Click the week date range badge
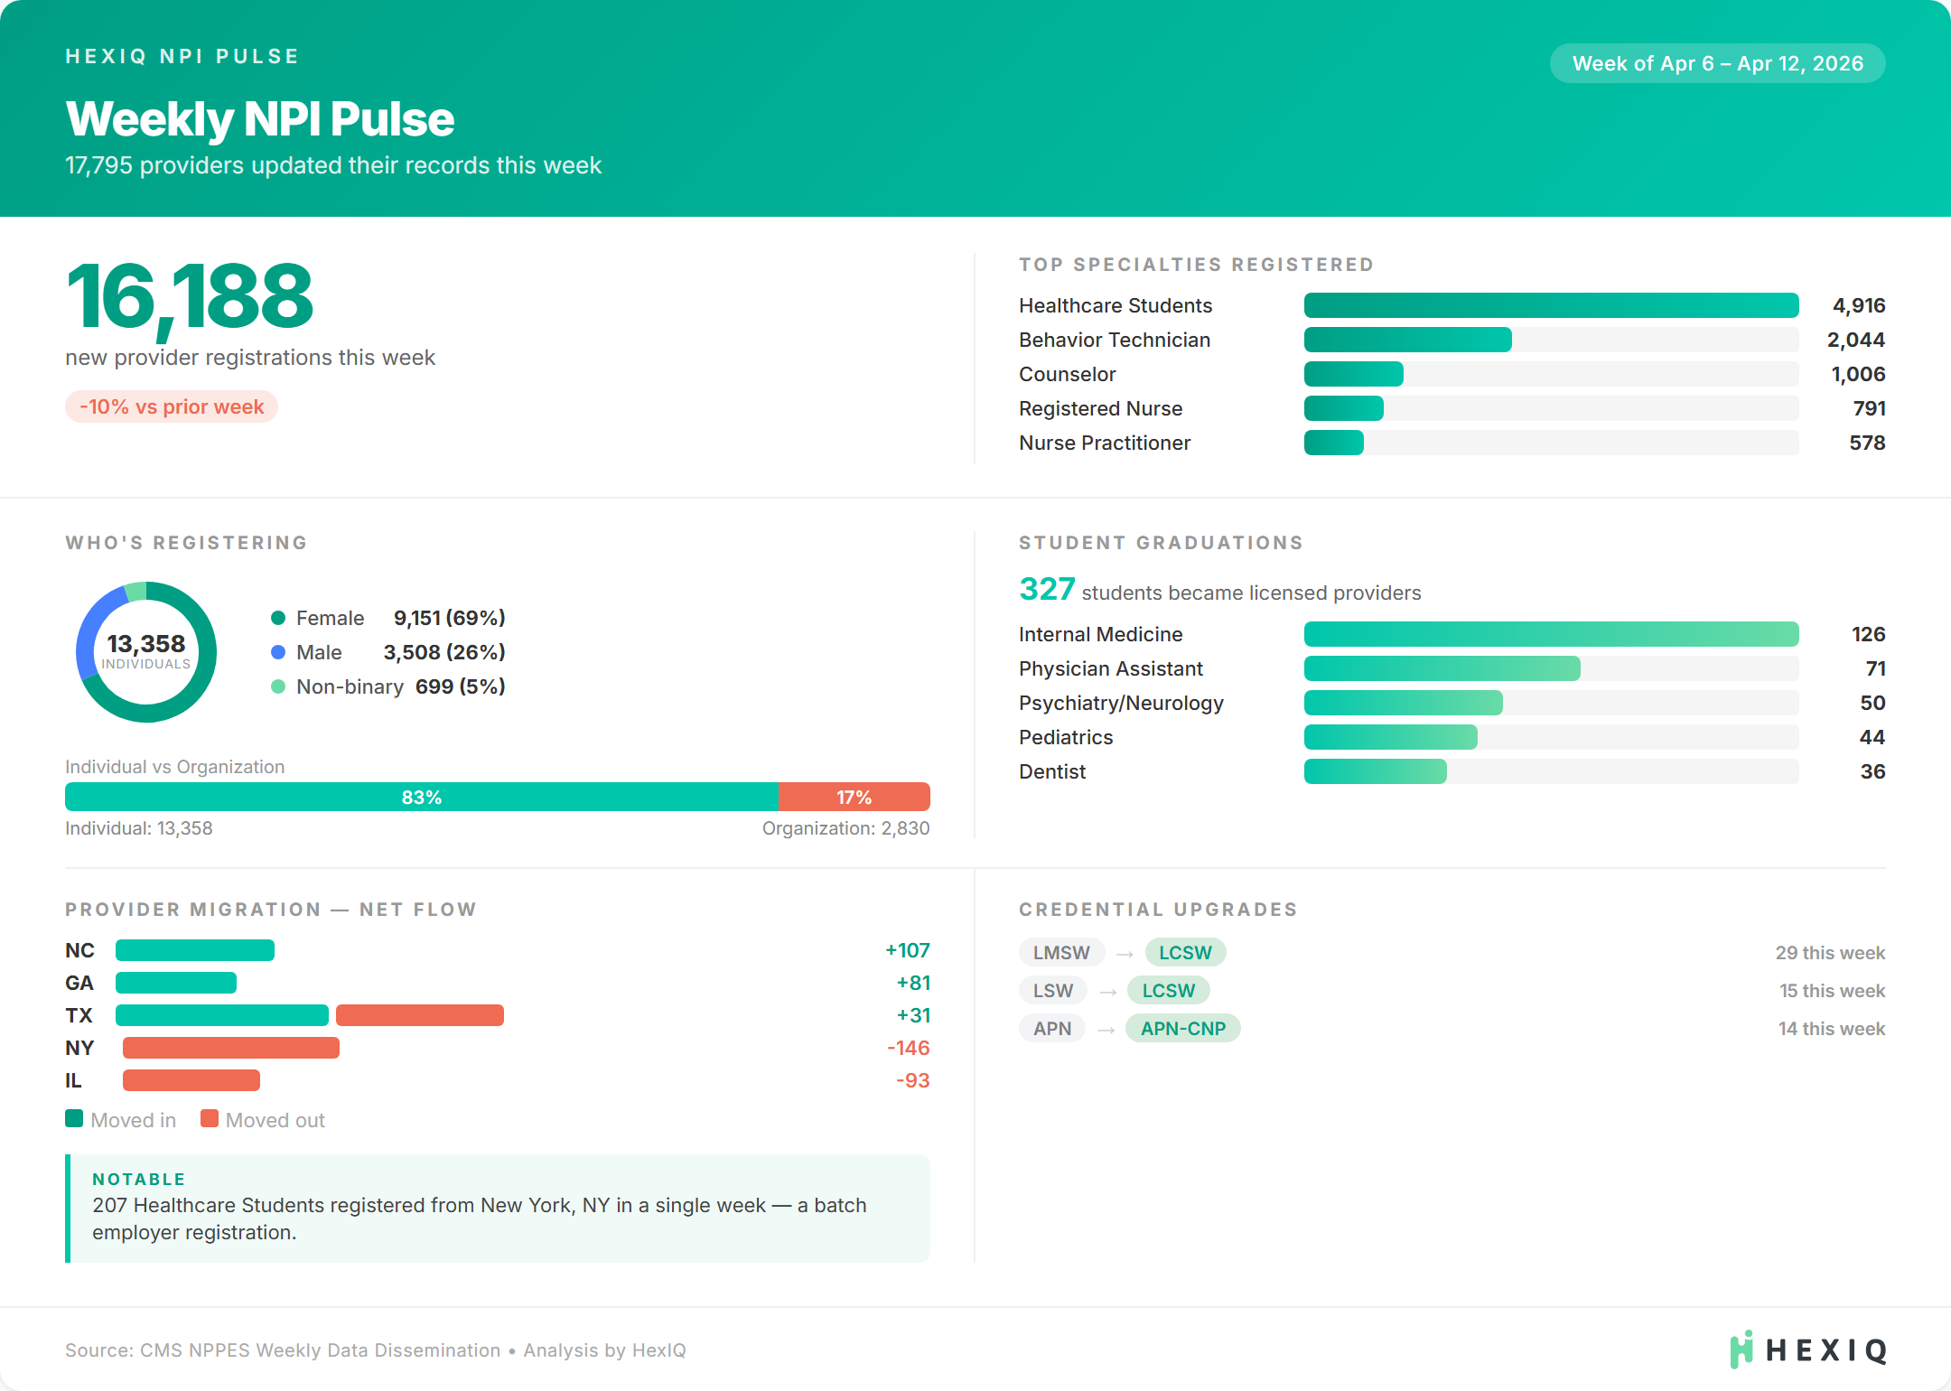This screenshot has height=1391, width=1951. pyautogui.click(x=1717, y=63)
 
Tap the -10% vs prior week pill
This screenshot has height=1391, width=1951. pyautogui.click(x=172, y=406)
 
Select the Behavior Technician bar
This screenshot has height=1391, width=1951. pyautogui.click(x=1407, y=340)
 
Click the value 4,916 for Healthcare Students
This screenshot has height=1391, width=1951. pyautogui.click(x=1858, y=305)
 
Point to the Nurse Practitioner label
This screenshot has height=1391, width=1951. pyautogui.click(x=1104, y=443)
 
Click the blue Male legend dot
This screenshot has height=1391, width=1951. pyautogui.click(x=278, y=652)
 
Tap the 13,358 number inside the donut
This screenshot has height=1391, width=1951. pyautogui.click(x=146, y=643)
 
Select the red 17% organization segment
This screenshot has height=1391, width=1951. pyautogui.click(x=854, y=797)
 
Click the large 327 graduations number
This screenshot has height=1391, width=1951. pyautogui.click(x=1047, y=589)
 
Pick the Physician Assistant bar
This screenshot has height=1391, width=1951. pyautogui.click(x=1442, y=668)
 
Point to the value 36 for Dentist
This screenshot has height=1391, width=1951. pyautogui.click(x=1872, y=771)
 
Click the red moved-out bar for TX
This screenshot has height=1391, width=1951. pyautogui.click(x=420, y=1015)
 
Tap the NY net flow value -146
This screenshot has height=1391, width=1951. pyautogui.click(x=908, y=1048)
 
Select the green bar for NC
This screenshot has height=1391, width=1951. pyautogui.click(x=195, y=950)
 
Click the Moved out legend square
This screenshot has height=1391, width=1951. pyautogui.click(x=210, y=1119)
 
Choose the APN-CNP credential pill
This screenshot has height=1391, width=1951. pyautogui.click(x=1182, y=1028)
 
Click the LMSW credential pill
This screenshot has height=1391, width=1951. pyautogui.click(x=1061, y=952)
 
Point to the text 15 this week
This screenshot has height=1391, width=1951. pyautogui.click(x=1832, y=990)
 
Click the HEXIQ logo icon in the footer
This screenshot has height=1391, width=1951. pyautogui.click(x=1741, y=1349)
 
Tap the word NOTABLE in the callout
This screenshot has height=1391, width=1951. pyautogui.click(x=138, y=1179)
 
